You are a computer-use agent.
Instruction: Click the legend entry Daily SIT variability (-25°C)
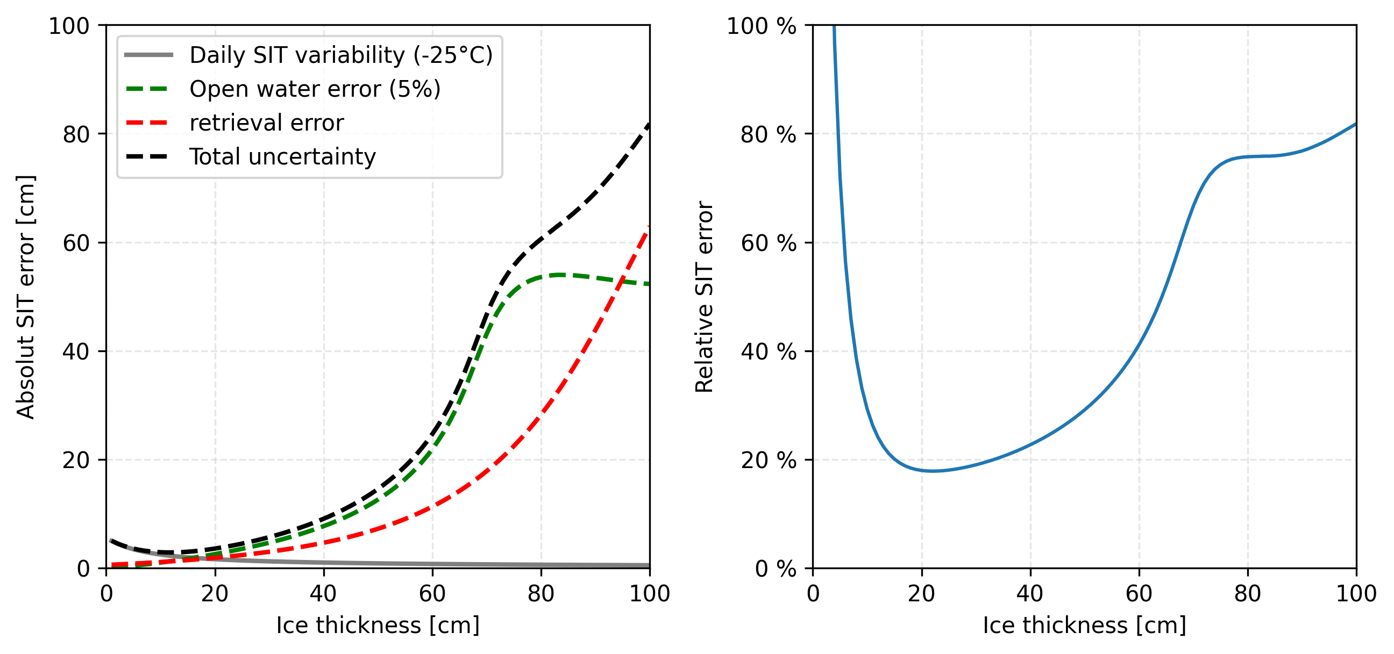[x=341, y=55]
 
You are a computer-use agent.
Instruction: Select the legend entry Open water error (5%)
[x=315, y=89]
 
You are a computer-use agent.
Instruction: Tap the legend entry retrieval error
[x=266, y=124]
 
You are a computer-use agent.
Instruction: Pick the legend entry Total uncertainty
[x=282, y=157]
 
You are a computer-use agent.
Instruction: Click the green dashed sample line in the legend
[x=148, y=89]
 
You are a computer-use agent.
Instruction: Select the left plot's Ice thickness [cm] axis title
[x=378, y=626]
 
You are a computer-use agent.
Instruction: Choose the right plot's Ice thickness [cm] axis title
[x=1084, y=626]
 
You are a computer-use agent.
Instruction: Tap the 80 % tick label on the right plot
[x=768, y=134]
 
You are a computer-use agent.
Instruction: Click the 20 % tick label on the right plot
[x=768, y=461]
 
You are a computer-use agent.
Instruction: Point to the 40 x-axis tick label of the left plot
[x=324, y=594]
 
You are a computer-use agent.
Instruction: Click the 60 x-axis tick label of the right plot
[x=1139, y=594]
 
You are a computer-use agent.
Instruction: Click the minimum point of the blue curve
[x=933, y=471]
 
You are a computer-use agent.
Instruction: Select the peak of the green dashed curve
[x=560, y=275]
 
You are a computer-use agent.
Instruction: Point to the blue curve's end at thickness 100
[x=1356, y=124]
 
